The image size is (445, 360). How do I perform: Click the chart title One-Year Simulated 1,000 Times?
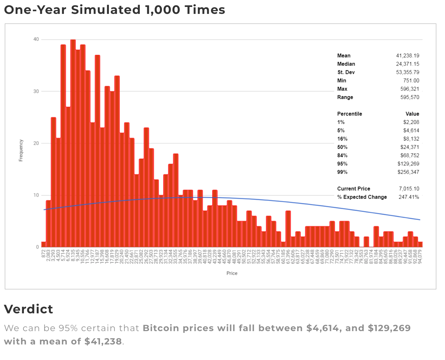point(114,10)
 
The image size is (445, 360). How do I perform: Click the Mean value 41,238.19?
point(407,56)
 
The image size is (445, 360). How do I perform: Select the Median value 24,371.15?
point(407,64)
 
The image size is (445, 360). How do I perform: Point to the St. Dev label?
point(346,72)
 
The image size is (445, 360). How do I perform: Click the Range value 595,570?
point(410,97)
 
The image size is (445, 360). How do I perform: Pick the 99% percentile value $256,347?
point(408,172)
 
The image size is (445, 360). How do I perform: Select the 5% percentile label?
point(341,131)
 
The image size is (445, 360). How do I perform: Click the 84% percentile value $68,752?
point(410,156)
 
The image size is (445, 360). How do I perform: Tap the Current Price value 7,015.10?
point(409,189)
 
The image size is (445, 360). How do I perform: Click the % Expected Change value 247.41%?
point(409,197)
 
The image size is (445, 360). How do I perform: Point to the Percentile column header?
point(349,114)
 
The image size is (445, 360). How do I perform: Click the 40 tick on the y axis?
point(36,39)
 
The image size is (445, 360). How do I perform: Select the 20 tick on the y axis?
point(36,143)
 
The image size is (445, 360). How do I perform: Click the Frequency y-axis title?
point(21,150)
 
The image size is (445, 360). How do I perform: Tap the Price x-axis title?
point(232,273)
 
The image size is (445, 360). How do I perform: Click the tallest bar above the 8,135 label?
point(73,139)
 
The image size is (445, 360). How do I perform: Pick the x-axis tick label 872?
point(44,254)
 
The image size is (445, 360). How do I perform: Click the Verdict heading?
point(28,309)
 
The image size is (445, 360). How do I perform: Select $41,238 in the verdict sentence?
point(103,341)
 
